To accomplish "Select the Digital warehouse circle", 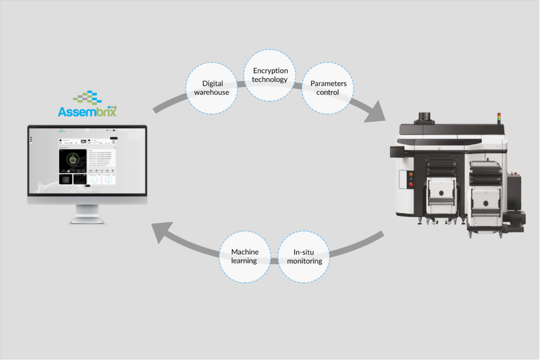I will click(x=213, y=88).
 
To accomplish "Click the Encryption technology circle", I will click(x=271, y=75).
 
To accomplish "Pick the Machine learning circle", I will click(x=245, y=256).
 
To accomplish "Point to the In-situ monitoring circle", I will click(x=304, y=256).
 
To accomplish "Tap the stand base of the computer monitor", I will click(x=88, y=221).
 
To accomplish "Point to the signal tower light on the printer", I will click(x=499, y=116).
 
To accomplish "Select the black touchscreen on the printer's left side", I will click(x=397, y=152).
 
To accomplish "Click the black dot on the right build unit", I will click(x=485, y=201).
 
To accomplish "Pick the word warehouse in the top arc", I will click(x=212, y=93).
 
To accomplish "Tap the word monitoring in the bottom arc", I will click(x=304, y=261).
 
